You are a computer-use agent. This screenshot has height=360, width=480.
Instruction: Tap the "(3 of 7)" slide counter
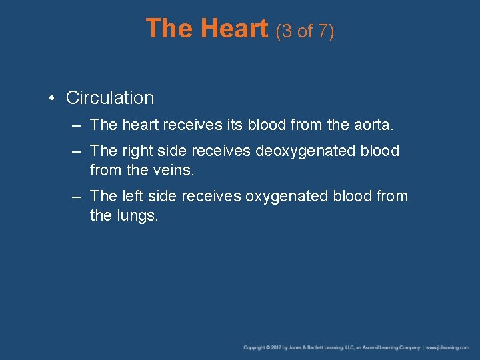click(x=303, y=31)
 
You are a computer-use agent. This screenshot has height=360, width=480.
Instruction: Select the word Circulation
click(x=110, y=98)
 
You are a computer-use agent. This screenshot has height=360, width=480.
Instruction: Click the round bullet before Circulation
click(x=52, y=98)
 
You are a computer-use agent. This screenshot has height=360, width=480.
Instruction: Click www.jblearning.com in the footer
click(x=448, y=347)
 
